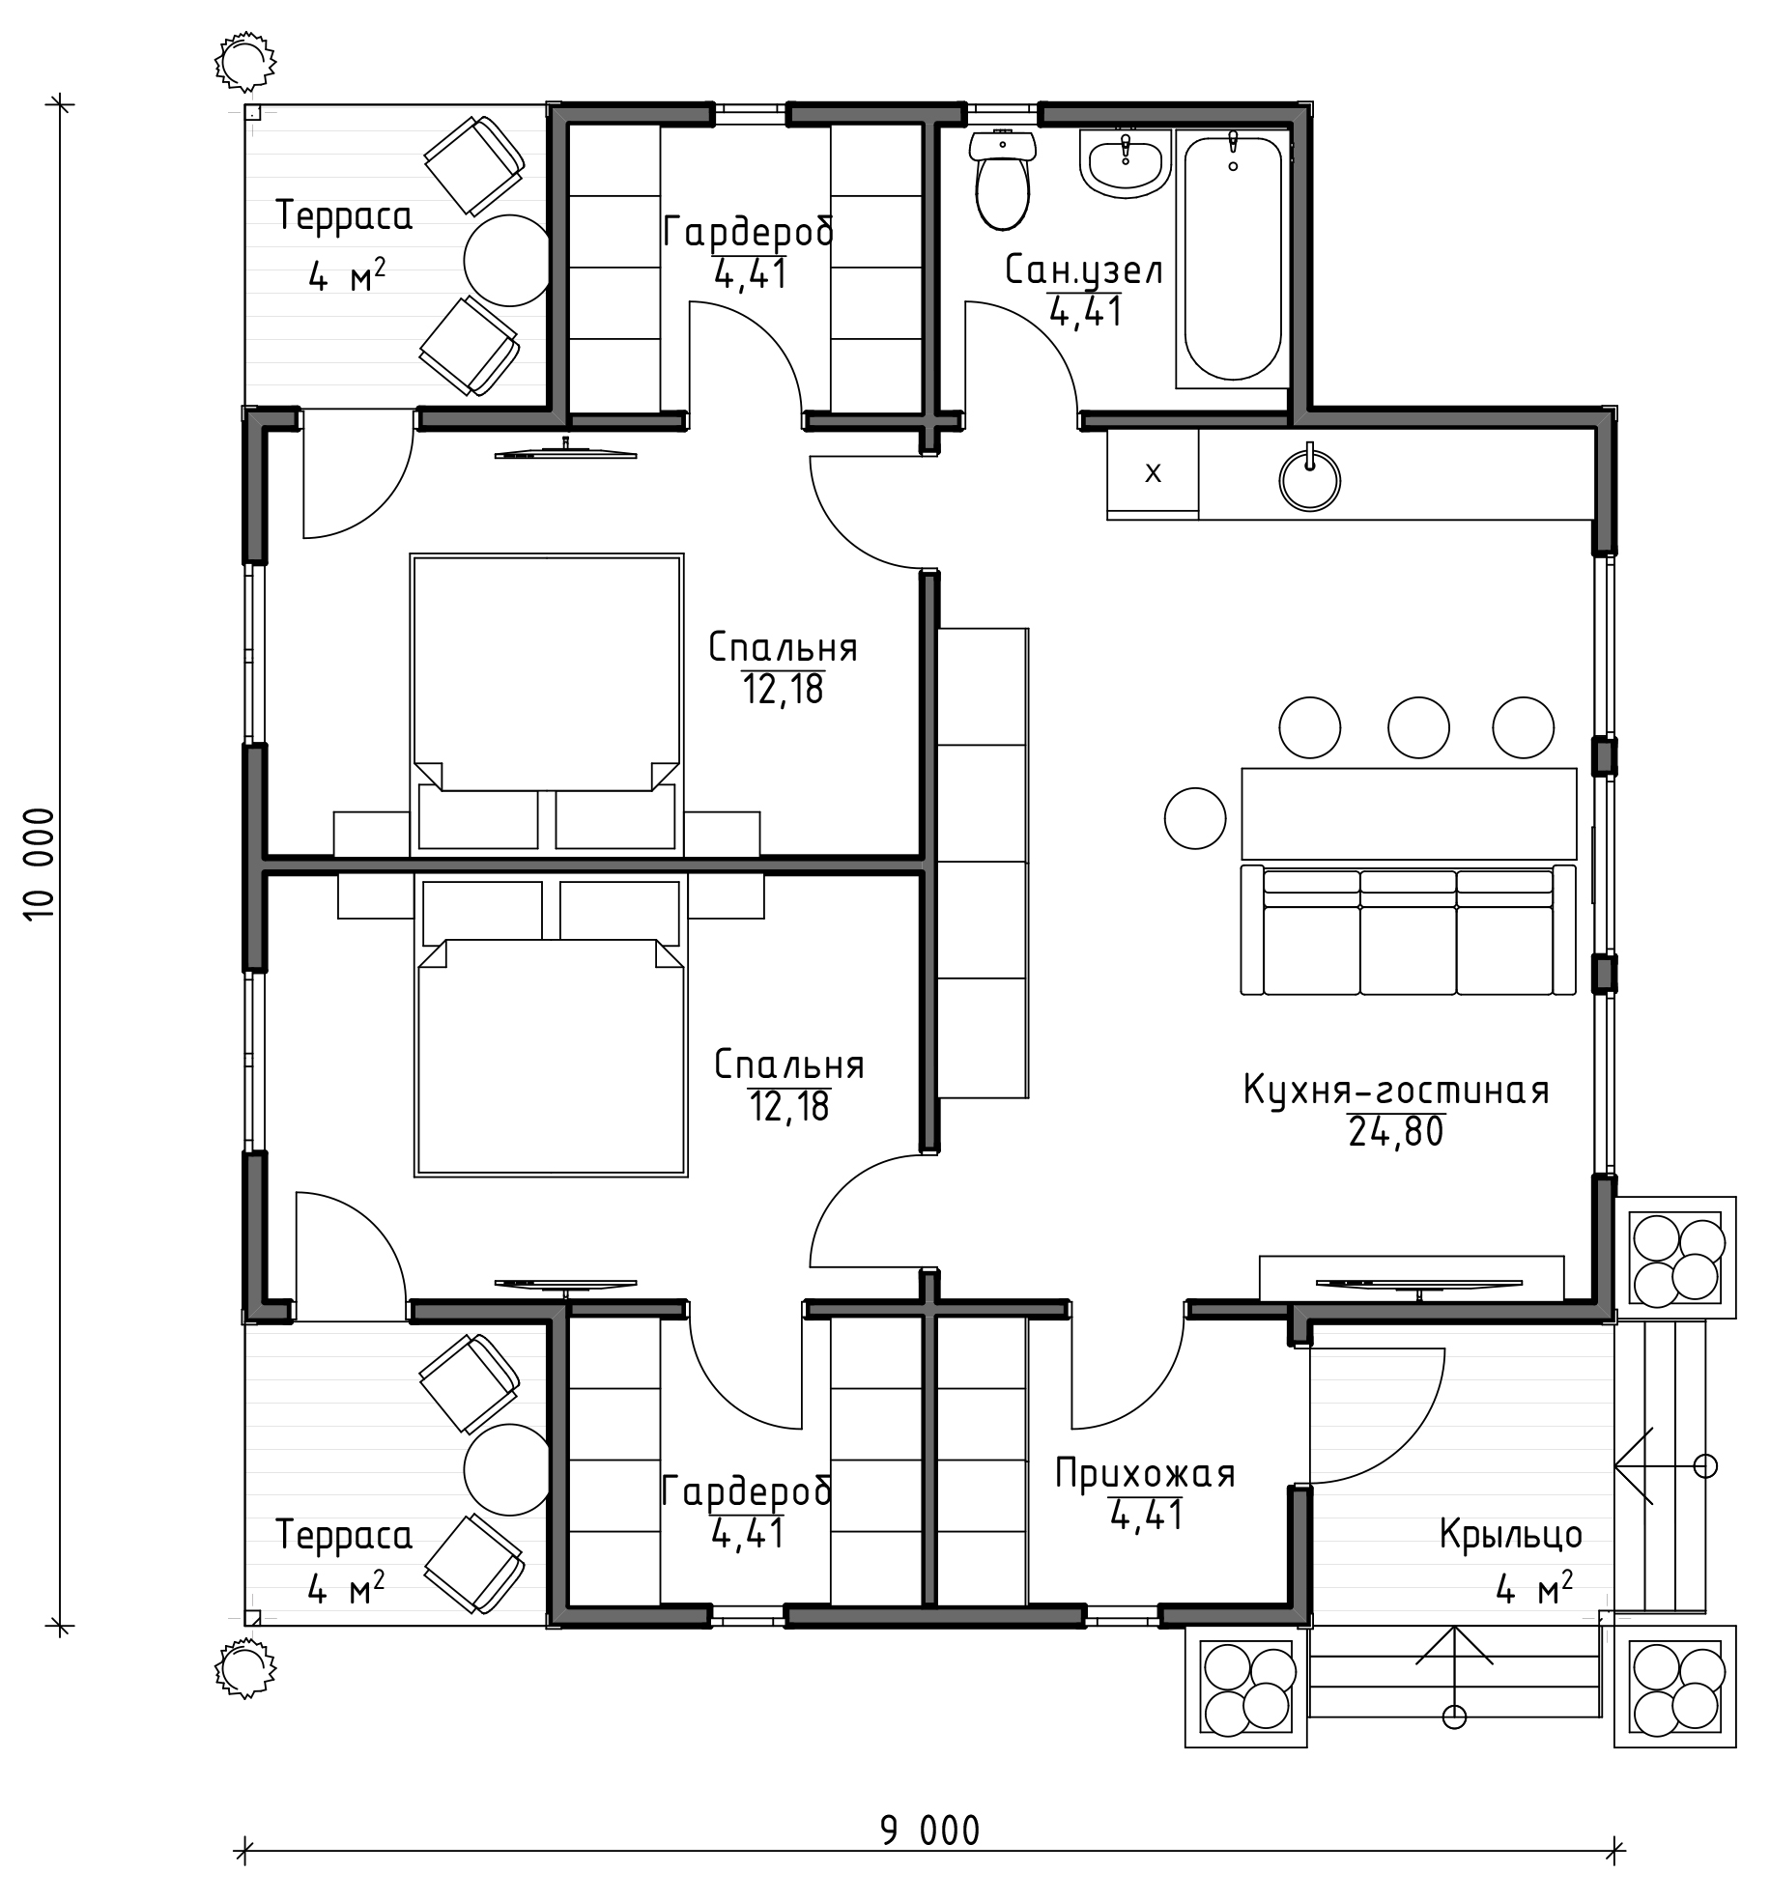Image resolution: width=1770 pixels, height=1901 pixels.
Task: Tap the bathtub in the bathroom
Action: [x=1232, y=259]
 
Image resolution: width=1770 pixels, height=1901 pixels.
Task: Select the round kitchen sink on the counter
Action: [x=1310, y=477]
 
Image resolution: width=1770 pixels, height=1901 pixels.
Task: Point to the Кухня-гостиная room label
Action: [x=1396, y=1091]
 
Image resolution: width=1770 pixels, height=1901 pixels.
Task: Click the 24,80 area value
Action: [x=1396, y=1131]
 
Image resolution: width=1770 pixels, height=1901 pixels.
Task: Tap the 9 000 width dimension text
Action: [x=929, y=1830]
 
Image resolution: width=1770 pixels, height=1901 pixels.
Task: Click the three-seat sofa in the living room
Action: [x=1408, y=929]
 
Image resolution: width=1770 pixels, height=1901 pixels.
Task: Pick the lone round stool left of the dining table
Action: [x=1195, y=818]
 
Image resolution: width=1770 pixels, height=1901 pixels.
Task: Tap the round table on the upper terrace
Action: [x=507, y=260]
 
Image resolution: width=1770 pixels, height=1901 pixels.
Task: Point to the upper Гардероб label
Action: [x=749, y=233]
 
